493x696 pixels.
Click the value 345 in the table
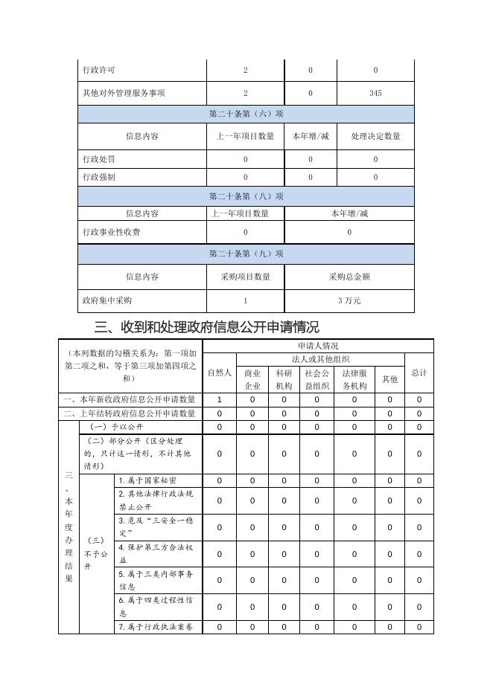point(375,93)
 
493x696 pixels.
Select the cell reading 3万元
point(349,300)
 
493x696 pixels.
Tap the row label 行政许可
point(99,70)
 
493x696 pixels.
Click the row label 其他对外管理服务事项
point(124,93)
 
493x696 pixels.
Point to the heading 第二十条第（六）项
point(246,114)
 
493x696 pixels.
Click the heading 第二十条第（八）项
point(246,196)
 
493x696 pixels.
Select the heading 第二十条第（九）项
point(246,254)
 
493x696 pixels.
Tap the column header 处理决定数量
point(375,136)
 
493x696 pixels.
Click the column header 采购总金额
point(349,277)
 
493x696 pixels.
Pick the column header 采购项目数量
point(246,277)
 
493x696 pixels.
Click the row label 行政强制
point(99,177)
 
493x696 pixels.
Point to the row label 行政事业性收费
point(111,232)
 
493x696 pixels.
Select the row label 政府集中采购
point(107,300)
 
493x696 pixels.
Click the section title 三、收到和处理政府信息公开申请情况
point(207,326)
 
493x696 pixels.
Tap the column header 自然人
point(219,372)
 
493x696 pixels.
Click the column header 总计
point(419,372)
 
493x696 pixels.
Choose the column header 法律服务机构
point(354,379)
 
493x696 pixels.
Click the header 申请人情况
point(318,346)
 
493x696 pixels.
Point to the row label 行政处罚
point(99,159)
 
